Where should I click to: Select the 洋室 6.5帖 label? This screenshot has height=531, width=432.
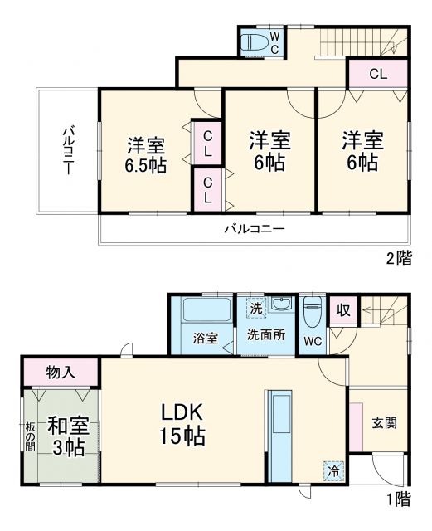click(x=146, y=154)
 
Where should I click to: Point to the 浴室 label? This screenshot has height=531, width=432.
click(x=206, y=339)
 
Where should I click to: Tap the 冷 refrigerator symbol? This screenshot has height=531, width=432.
click(x=332, y=469)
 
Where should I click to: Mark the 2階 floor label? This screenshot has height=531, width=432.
click(x=398, y=258)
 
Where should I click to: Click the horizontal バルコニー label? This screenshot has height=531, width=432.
click(x=255, y=228)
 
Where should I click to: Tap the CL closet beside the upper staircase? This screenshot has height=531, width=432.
click(x=377, y=73)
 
